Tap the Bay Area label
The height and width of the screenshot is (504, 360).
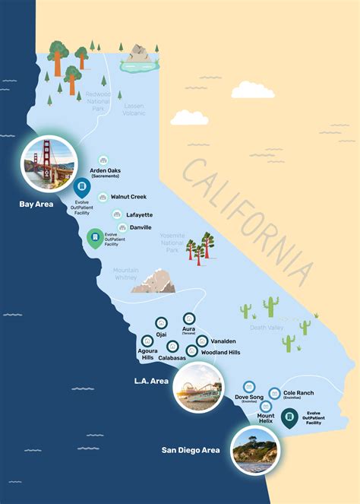point(36,204)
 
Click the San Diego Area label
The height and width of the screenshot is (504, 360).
point(190,450)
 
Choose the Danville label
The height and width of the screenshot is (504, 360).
point(140,227)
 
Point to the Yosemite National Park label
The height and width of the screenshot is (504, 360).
point(172,242)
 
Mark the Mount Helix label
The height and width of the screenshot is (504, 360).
point(266,419)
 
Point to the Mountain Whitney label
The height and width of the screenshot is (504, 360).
point(126,274)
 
